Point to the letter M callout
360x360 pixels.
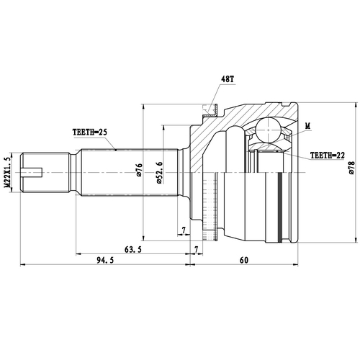click(307, 127)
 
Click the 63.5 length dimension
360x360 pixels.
click(132, 249)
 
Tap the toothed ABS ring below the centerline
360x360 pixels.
click(208, 209)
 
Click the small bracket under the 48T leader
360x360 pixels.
click(207, 110)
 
